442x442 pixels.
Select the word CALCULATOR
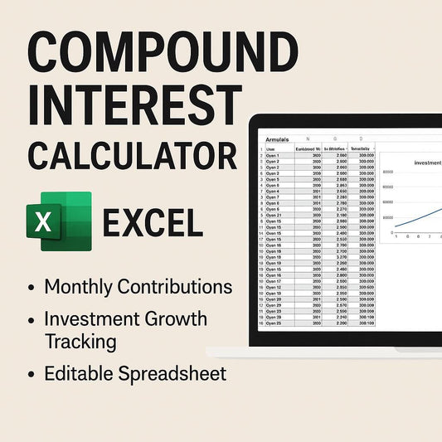[x=131, y=155]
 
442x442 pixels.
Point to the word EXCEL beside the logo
[x=152, y=224]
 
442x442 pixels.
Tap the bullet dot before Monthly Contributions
[x=31, y=289]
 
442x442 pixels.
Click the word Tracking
[x=80, y=341]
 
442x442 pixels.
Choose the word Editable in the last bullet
[x=77, y=373]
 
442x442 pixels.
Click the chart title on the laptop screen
[x=427, y=163]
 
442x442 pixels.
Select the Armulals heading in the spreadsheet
[x=277, y=140]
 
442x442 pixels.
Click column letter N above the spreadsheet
[x=308, y=139]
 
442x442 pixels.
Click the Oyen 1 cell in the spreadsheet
[x=273, y=155]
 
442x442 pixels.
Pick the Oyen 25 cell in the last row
[x=274, y=323]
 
